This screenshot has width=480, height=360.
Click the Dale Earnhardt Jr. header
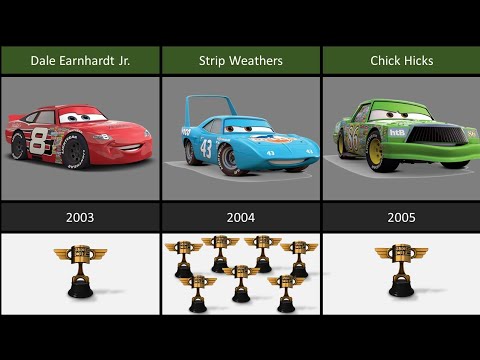click(80, 60)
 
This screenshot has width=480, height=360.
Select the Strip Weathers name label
click(240, 60)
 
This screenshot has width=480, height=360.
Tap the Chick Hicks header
click(401, 60)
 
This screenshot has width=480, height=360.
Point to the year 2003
click(80, 216)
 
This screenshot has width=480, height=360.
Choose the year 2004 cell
click(240, 216)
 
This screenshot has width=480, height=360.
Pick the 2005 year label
click(401, 216)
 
